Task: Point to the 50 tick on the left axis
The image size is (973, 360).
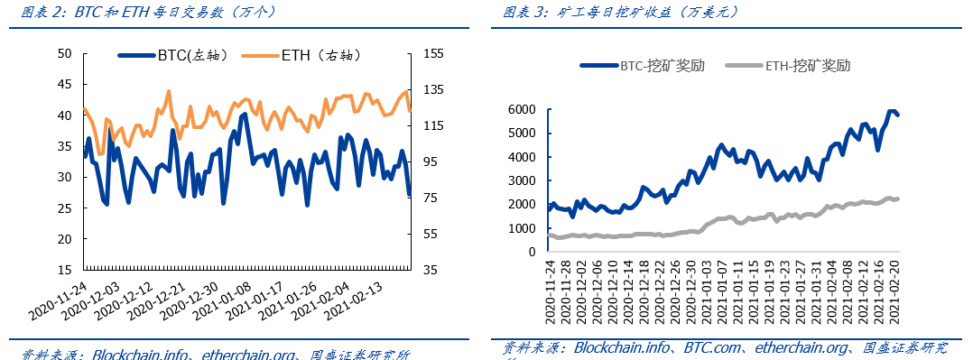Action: [x=64, y=53]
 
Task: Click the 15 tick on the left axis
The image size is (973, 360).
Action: [x=64, y=270]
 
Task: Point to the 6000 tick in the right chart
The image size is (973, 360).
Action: [x=521, y=109]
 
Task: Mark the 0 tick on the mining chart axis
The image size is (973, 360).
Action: [x=533, y=252]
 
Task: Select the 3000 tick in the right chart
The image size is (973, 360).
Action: [x=521, y=180]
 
